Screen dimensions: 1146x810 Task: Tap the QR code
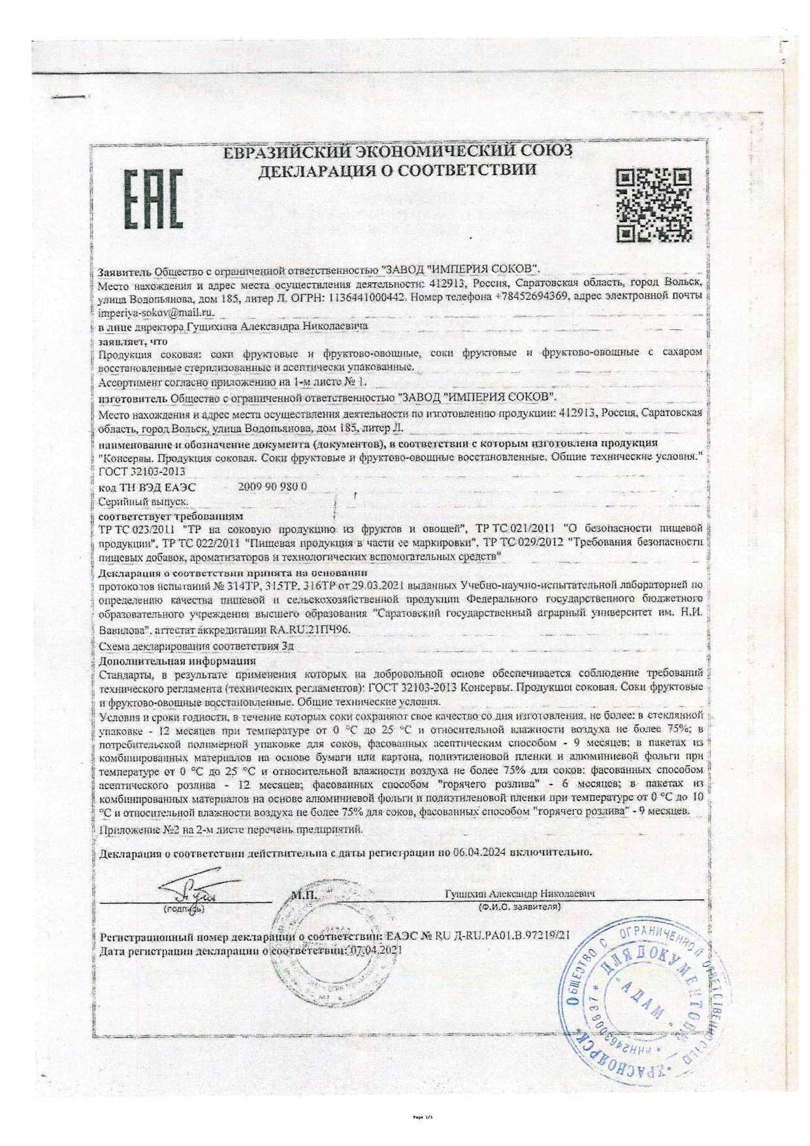coord(653,203)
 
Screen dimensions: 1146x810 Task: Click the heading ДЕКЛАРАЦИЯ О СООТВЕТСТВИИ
coord(398,171)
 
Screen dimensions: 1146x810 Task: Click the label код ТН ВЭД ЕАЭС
coord(146,487)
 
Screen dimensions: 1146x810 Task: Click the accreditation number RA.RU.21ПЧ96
coord(310,630)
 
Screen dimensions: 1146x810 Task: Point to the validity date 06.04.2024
coord(481,852)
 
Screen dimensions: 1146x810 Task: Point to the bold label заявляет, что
coord(133,341)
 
